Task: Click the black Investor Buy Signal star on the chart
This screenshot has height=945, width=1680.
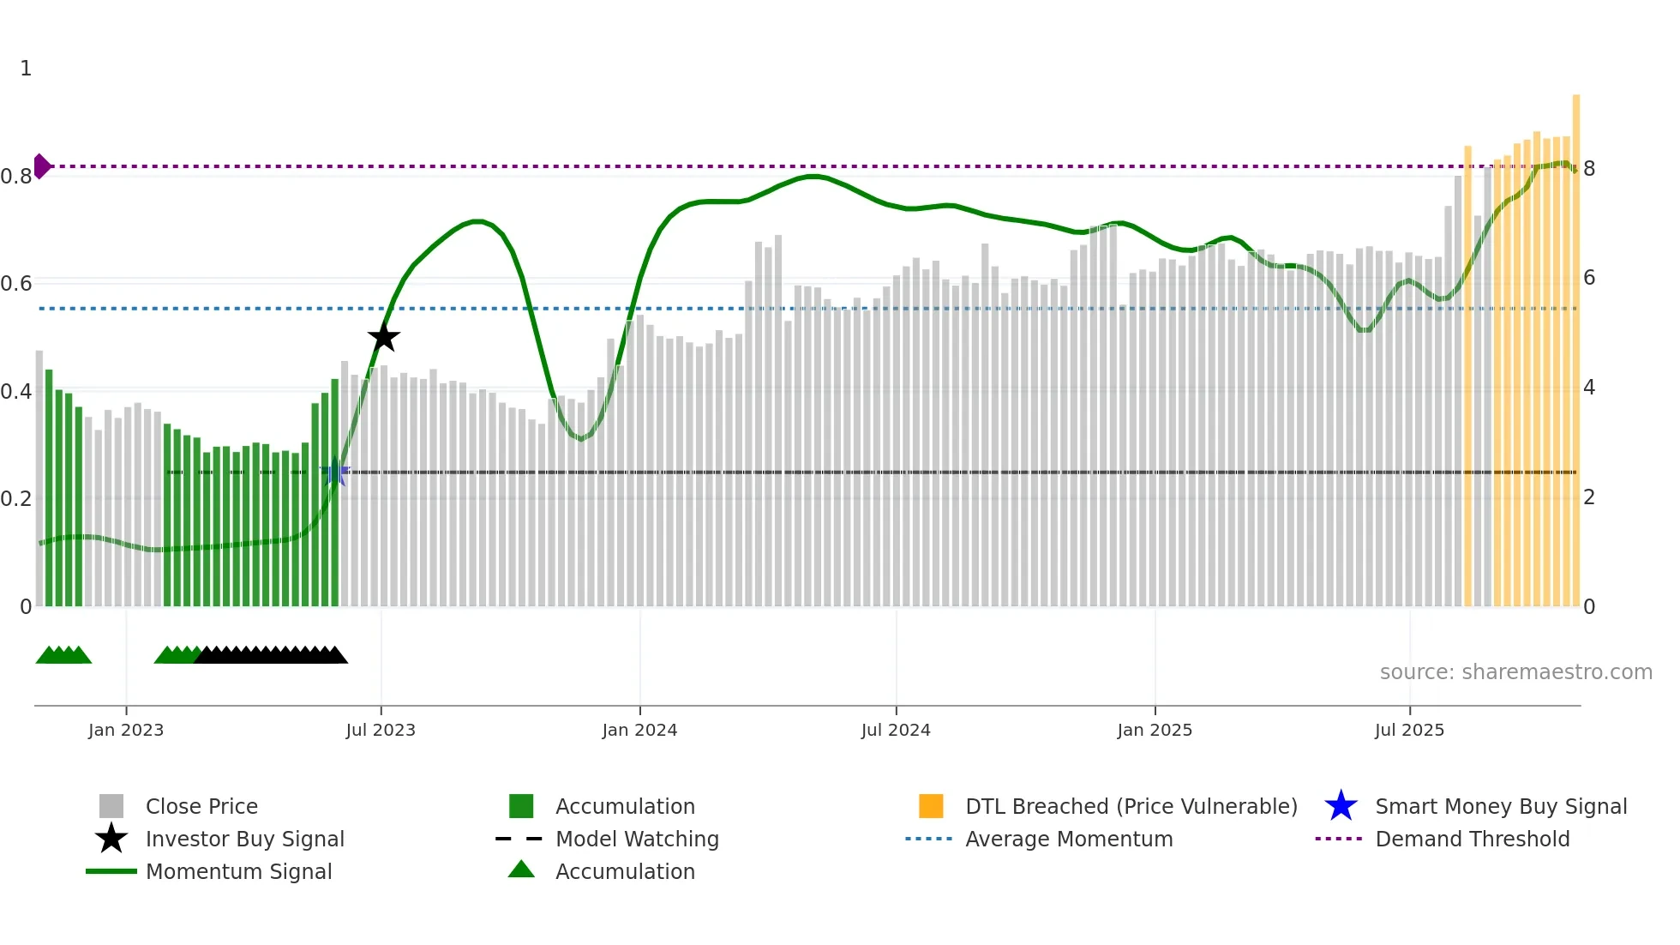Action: [384, 337]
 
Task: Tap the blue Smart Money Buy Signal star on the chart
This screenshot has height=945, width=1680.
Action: [335, 472]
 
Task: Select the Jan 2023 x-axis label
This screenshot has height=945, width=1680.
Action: [126, 730]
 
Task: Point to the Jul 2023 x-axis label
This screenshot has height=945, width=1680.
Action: [381, 730]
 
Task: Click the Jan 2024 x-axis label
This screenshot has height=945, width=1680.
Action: [639, 730]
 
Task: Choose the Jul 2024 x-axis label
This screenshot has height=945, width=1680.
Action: [896, 730]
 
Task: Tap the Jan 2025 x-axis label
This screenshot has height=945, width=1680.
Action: [1155, 730]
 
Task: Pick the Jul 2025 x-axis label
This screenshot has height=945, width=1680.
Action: [1409, 730]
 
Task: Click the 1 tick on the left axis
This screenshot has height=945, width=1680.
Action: [26, 69]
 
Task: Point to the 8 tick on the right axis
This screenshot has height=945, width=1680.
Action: [1589, 169]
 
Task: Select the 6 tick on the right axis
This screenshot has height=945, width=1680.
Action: [1589, 278]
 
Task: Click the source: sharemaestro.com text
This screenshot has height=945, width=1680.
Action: [1515, 672]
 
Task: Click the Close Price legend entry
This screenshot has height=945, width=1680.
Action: [201, 807]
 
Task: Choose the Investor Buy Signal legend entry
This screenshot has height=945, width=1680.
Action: [244, 840]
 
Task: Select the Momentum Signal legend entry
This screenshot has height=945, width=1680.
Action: [238, 872]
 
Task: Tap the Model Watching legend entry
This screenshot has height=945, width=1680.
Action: [637, 840]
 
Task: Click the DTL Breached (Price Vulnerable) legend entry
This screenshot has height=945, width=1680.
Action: [1131, 807]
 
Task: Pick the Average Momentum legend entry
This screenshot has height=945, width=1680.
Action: [1069, 840]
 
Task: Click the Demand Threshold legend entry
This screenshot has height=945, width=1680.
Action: [1472, 840]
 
